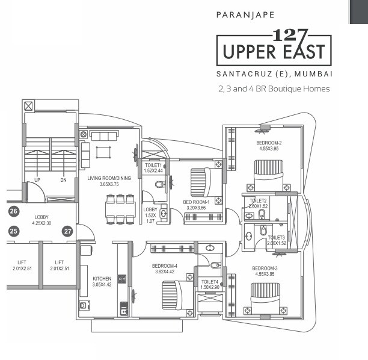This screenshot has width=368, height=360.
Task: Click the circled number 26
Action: [14, 211]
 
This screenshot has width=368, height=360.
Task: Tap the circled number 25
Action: [14, 231]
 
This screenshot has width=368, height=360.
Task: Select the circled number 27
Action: [68, 231]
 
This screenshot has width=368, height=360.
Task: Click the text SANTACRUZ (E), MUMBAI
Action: [274, 74]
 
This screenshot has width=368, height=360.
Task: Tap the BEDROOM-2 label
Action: [270, 143]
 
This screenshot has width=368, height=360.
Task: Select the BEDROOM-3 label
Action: [265, 268]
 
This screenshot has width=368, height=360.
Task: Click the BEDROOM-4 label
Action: [164, 266]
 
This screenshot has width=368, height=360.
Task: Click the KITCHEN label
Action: [102, 279]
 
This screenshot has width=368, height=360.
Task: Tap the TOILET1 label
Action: [154, 165]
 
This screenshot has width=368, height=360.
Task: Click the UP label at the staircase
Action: [37, 179]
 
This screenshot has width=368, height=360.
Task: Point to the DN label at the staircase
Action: [64, 179]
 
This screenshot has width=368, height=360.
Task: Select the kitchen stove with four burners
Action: [122, 279]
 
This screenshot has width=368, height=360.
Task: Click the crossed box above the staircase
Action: [28, 105]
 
